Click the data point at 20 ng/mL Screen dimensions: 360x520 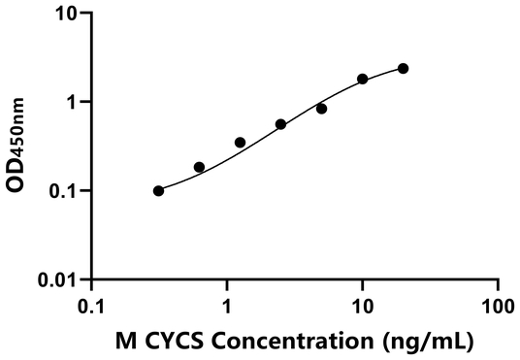[404, 68]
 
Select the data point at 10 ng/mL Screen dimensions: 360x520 [363, 79]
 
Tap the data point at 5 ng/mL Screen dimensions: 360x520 [322, 109]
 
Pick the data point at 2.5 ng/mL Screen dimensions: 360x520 [280, 124]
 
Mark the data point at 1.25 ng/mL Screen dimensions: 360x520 [240, 143]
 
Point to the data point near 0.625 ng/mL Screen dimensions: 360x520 [199, 167]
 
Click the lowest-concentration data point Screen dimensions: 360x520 [158, 191]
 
